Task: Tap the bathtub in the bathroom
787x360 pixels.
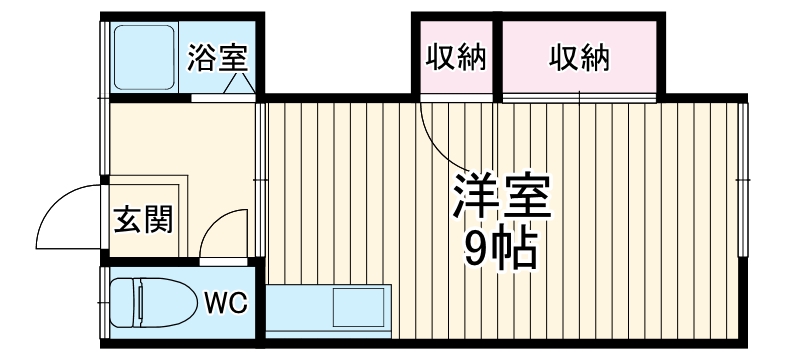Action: [x=144, y=57]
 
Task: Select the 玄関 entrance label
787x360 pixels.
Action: [x=142, y=219]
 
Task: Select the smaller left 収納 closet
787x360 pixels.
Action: [x=456, y=58]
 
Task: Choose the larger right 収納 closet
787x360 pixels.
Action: [x=579, y=58]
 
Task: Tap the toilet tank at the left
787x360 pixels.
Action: [x=117, y=301]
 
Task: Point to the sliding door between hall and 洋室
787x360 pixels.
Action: [x=261, y=180]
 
